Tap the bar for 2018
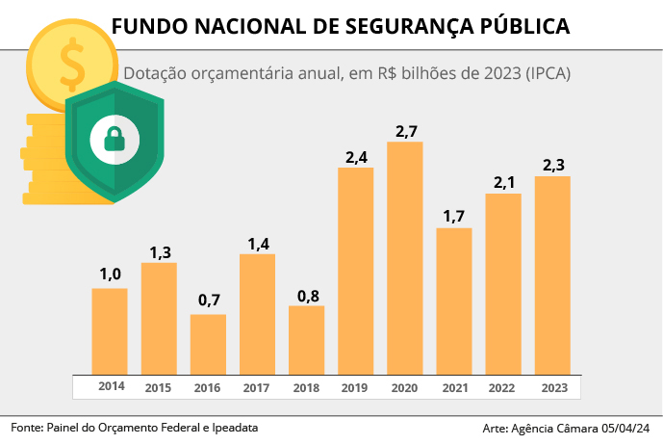coord(306,339)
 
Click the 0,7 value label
coord(209,301)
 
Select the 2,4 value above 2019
coord(356,156)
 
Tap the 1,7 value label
coord(454,216)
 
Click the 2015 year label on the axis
coord(159,388)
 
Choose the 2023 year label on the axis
coord(553,388)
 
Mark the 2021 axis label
coord(454,388)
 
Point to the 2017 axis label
coord(257,388)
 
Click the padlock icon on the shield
coord(115,140)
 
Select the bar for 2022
coord(503,283)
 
